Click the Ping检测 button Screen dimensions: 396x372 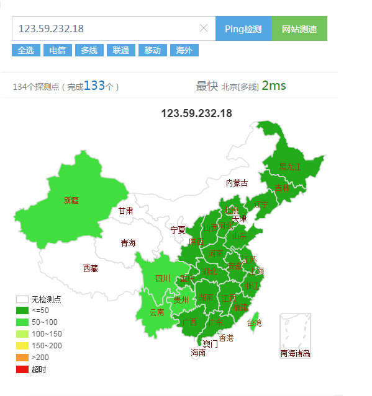pos(243,29)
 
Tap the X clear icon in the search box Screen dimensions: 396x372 pos(204,28)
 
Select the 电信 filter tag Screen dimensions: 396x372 pos(58,50)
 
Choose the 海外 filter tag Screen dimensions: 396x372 pos(184,50)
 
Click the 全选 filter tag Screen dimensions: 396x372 pos(26,50)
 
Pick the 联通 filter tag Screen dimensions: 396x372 pos(121,50)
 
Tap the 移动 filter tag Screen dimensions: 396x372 pos(153,50)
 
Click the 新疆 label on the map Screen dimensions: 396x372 pos(71,200)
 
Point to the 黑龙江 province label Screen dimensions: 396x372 pos(290,167)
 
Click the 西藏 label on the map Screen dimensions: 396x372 pos(90,268)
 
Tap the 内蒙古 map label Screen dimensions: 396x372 pos(237,183)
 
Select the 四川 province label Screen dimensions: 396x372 pos(162,278)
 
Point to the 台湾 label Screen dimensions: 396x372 pos(255,323)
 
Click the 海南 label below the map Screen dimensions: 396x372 pos(198,353)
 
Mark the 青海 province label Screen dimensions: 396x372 pos(128,243)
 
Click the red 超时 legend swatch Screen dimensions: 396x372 pos(22,369)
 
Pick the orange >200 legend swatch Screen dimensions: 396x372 pos(22,358)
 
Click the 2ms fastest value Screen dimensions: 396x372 pos(274,86)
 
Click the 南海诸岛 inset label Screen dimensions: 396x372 pos(295,354)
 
